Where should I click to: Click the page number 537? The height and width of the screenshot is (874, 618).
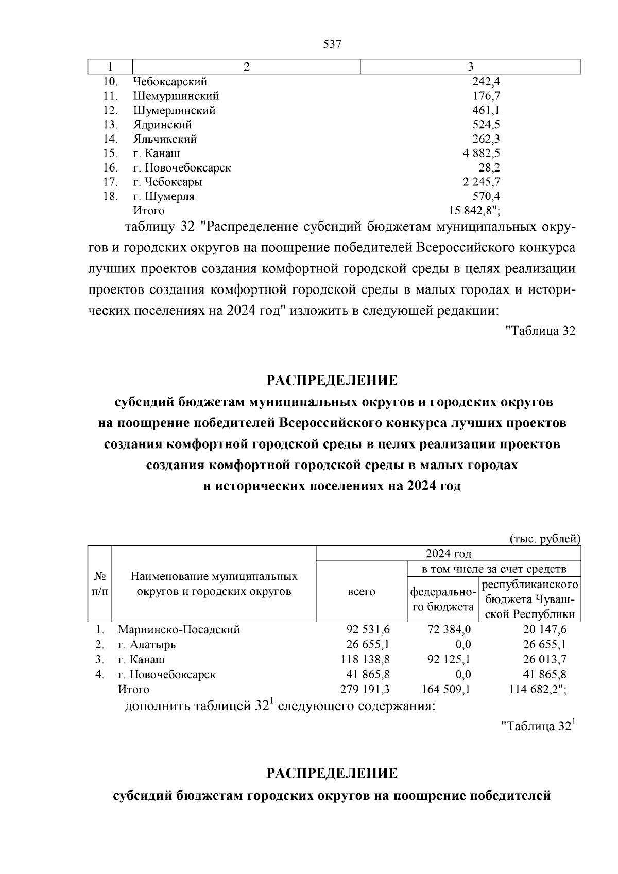point(332,44)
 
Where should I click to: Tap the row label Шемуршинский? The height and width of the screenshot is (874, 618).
point(176,96)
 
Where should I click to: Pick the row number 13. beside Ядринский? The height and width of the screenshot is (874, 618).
point(111,125)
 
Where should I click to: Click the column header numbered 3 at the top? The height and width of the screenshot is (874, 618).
point(470,67)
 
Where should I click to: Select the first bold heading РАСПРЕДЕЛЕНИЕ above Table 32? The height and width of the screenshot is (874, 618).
point(332,381)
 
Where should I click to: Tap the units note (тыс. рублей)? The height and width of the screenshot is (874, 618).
point(545,539)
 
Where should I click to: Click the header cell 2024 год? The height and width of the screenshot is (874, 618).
point(448,554)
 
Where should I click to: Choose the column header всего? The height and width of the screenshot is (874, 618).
point(362,592)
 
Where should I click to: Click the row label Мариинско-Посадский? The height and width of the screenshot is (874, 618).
point(179,630)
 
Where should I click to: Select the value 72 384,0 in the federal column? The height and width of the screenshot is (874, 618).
point(449,630)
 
